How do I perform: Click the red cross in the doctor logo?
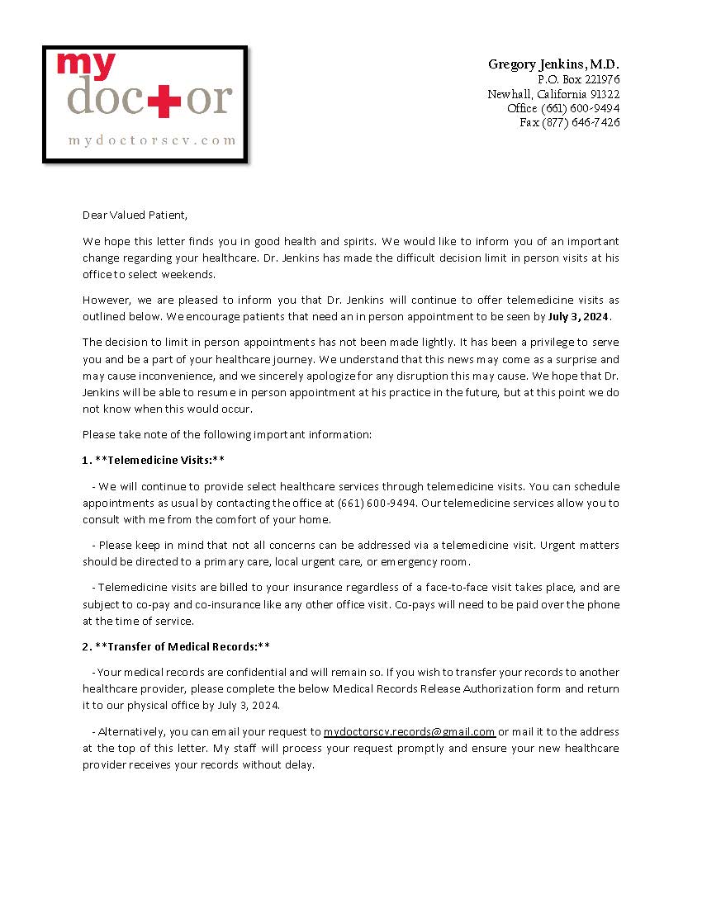click(x=164, y=101)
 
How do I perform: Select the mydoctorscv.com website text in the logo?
click(x=152, y=140)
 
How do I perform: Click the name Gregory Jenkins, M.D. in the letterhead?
click(x=553, y=64)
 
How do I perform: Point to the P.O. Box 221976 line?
click(x=578, y=79)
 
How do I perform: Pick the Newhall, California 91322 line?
click(x=553, y=94)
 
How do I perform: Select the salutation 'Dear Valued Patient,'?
click(x=135, y=215)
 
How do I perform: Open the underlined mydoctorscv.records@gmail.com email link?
click(x=409, y=732)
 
